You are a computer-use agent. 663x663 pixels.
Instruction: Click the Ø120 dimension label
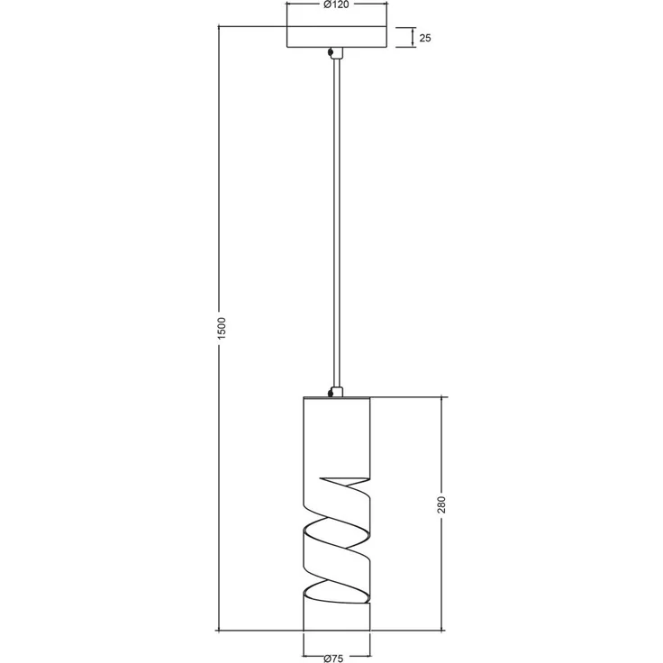point(336,5)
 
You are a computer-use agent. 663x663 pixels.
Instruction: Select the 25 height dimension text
point(425,38)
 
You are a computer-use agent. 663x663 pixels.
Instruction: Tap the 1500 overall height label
point(222,328)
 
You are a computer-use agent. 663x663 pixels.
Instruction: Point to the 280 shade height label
point(441,504)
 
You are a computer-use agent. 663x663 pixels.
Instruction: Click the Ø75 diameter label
point(333,658)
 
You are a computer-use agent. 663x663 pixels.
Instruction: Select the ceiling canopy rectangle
point(337,37)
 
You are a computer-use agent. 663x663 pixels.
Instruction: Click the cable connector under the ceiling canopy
point(336,53)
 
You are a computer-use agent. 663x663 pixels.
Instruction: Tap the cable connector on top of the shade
point(336,392)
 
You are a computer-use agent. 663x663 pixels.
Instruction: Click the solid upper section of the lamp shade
point(337,440)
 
